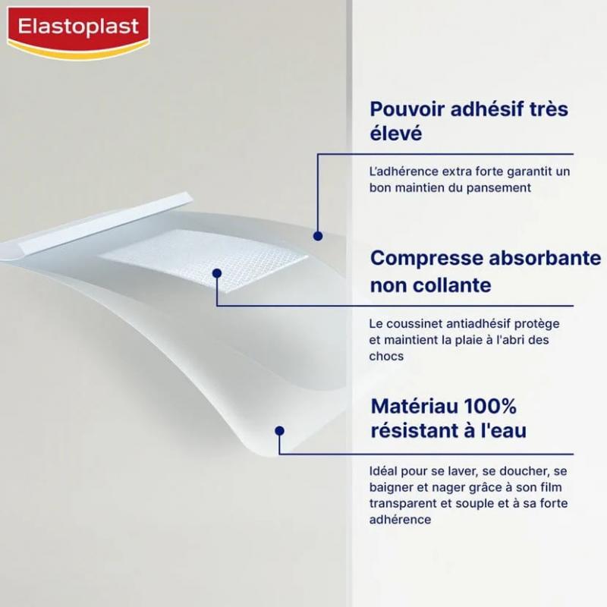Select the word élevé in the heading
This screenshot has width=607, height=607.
395,134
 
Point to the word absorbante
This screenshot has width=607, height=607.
541,258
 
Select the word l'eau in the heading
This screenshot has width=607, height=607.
498,431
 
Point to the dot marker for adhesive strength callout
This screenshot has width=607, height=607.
318,236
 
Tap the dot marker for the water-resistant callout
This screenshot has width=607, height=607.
279,430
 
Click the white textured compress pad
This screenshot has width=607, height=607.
205,258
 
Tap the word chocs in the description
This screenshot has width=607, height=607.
387,356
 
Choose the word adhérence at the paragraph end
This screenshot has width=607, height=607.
401,520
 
